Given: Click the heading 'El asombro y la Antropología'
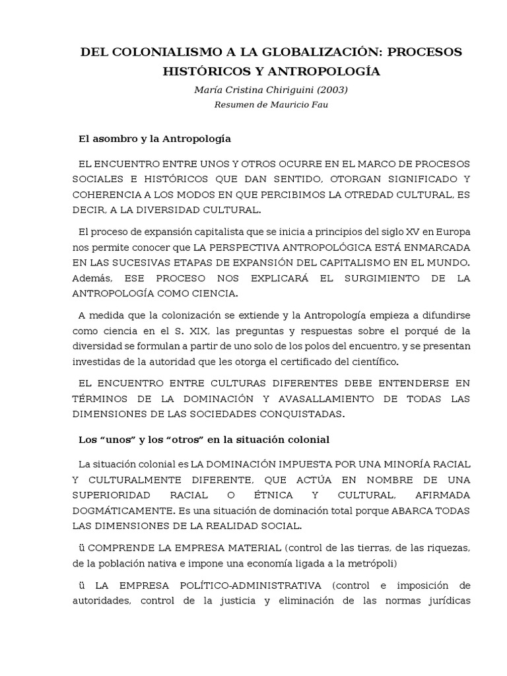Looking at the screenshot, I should click(154, 139).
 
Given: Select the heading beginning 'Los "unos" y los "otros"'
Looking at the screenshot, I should click(204, 439).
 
